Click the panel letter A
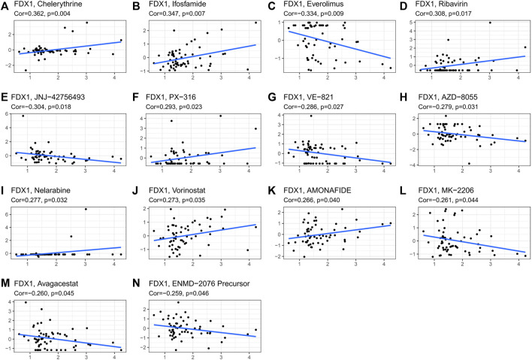(x=5, y=5)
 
